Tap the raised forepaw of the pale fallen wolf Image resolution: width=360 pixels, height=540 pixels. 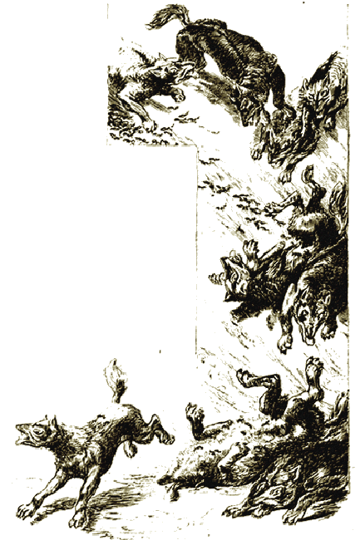pyautogui.click(x=193, y=411)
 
